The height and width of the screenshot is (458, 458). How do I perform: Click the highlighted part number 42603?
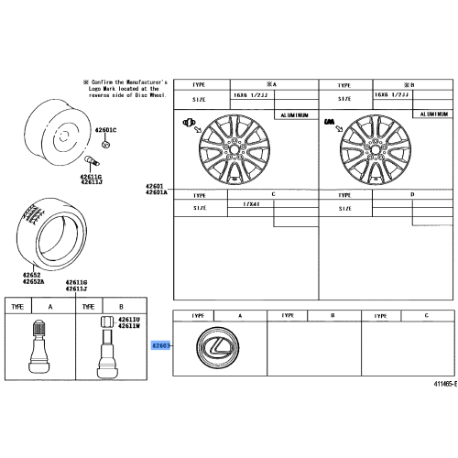click(161, 346)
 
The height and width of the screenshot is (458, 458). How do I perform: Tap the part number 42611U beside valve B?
click(128, 319)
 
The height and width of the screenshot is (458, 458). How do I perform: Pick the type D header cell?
click(412, 194)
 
